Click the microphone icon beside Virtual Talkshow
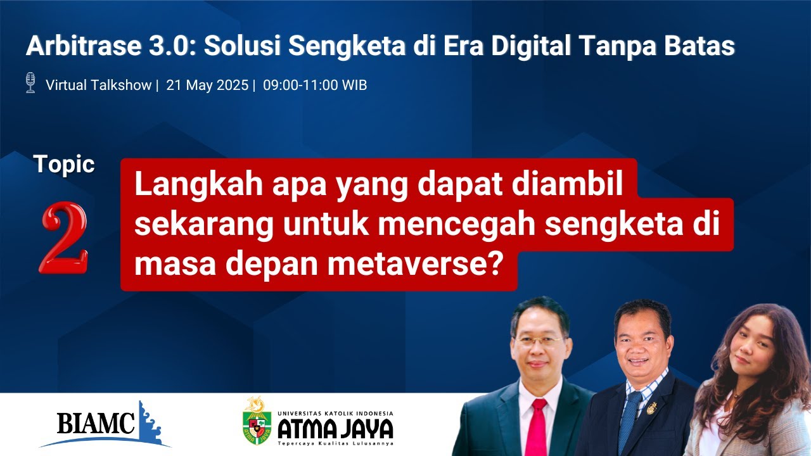pos(30,83)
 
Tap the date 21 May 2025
pos(207,85)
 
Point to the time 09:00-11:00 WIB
pos(315,85)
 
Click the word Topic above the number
pos(65,165)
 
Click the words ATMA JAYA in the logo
pos(336,429)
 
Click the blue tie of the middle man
pos(632,418)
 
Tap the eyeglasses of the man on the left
pos(539,341)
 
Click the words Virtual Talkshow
pos(99,85)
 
